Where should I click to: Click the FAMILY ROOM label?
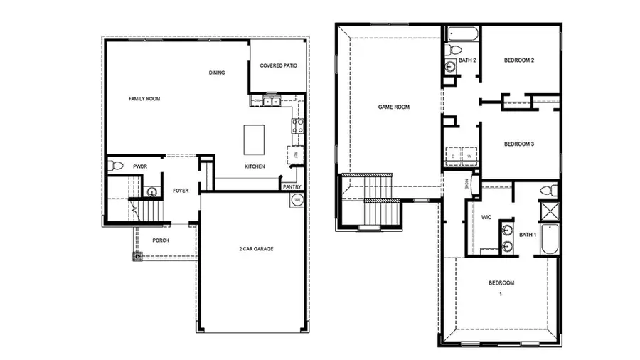tap(144, 99)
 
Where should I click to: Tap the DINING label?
tap(217, 73)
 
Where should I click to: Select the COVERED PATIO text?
tap(278, 65)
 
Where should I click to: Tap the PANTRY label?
tap(292, 187)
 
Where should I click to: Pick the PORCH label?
tap(161, 240)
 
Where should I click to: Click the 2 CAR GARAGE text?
tap(256, 249)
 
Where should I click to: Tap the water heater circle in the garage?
tap(295, 200)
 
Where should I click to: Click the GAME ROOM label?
tap(393, 107)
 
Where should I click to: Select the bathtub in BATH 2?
tap(462, 33)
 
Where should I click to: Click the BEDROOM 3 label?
tap(518, 144)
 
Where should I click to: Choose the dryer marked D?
tap(454, 154)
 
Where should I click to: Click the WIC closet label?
tap(486, 217)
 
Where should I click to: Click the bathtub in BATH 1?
tap(550, 240)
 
